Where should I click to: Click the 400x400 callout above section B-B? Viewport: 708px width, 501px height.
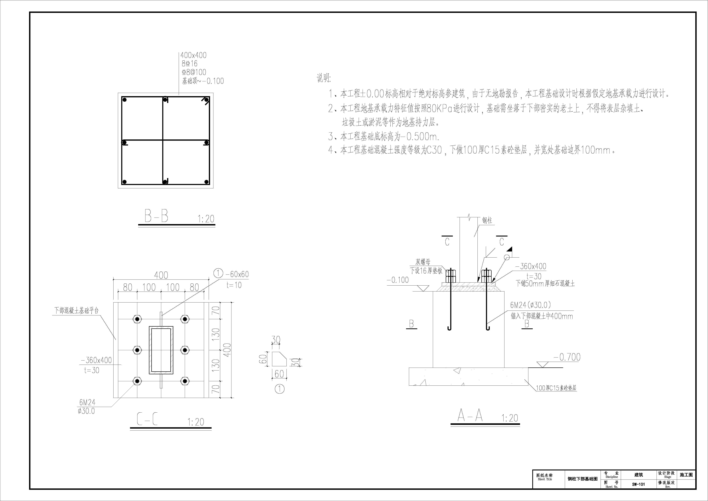pyautogui.click(x=193, y=55)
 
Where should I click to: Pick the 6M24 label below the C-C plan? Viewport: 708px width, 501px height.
pyautogui.click(x=87, y=402)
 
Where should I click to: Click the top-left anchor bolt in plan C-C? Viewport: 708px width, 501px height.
pyautogui.click(x=137, y=319)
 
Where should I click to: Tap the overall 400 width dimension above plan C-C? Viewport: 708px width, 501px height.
pyautogui.click(x=161, y=275)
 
